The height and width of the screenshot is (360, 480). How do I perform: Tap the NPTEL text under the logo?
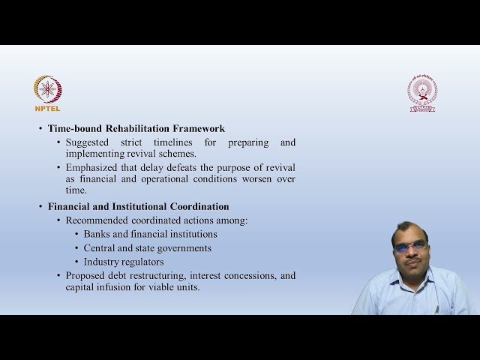[47, 108]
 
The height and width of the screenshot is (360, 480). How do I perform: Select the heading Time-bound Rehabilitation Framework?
[136, 128]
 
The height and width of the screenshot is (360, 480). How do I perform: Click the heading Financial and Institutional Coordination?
[138, 206]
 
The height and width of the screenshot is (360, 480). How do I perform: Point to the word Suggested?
[88, 142]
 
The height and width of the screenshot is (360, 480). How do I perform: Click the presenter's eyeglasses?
[412, 247]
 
